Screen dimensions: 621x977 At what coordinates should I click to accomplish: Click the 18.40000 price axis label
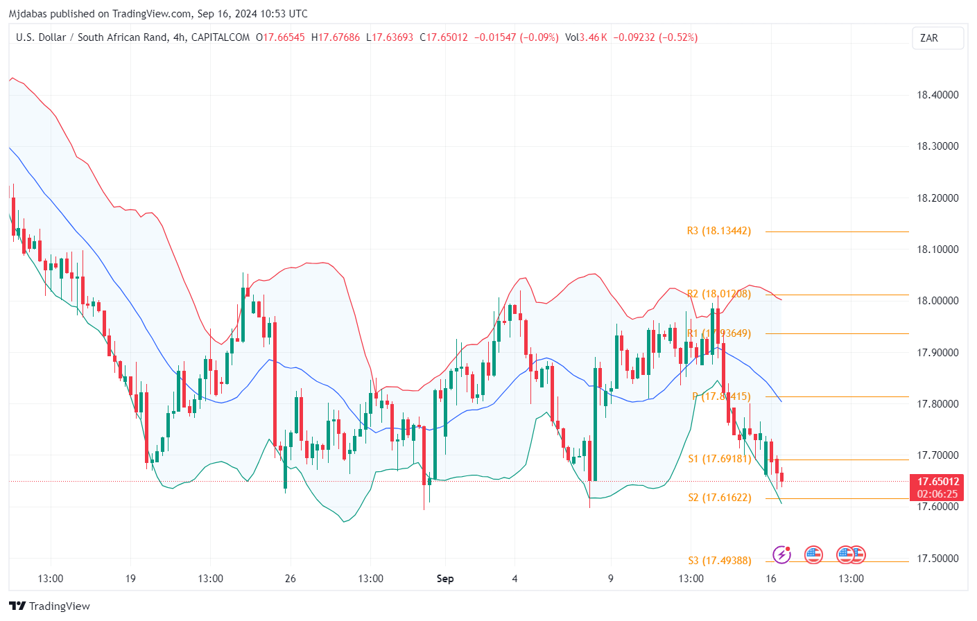[x=937, y=95]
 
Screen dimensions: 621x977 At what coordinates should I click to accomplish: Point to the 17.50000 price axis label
[x=937, y=559]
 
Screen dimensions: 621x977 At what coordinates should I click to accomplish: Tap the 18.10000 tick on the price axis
[x=937, y=250]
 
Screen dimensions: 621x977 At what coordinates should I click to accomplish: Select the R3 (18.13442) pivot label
[x=719, y=231]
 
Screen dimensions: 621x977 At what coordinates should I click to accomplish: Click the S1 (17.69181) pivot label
[x=720, y=459]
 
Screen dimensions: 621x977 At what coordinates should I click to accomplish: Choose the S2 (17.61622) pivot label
[x=720, y=498]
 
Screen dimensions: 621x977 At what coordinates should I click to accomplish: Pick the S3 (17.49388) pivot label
[x=720, y=561]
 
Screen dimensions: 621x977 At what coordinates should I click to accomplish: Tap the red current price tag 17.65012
[x=937, y=482]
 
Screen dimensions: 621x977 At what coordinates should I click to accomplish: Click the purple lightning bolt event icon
[x=782, y=554]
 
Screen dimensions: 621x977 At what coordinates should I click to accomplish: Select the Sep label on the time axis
[x=445, y=579]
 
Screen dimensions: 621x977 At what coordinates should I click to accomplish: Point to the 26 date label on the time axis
[x=290, y=579]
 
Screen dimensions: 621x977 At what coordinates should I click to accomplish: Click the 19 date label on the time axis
[x=130, y=579]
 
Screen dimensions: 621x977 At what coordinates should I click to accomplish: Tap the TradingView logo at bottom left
[x=50, y=606]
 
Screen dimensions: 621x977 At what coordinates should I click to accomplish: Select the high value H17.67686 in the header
[x=336, y=37]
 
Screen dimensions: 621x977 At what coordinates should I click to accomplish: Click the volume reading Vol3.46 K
[x=586, y=37]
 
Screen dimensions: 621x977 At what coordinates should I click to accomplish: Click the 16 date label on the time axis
[x=770, y=579]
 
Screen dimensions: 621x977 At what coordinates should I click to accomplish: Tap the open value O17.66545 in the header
[x=280, y=37]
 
